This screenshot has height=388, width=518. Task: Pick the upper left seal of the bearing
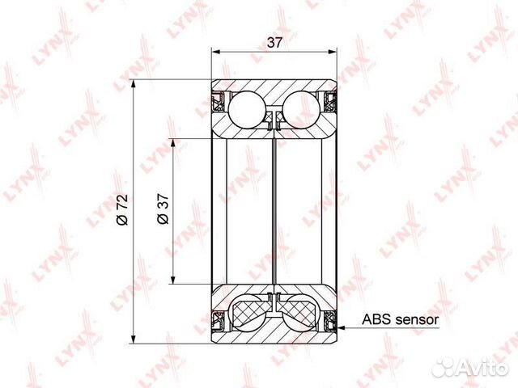point(218,103)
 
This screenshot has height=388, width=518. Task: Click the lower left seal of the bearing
point(218,319)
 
